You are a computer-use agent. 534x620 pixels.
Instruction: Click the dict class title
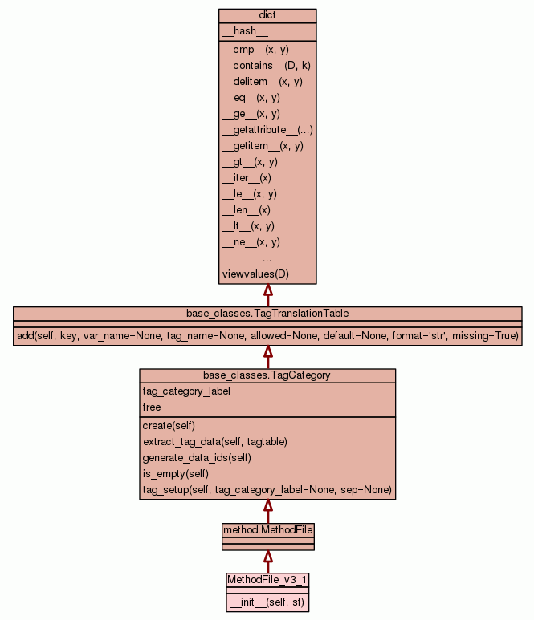267,15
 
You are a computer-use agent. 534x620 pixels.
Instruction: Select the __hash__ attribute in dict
239,31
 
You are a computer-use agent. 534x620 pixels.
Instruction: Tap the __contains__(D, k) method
266,66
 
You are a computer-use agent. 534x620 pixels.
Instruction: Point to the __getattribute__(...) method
267,130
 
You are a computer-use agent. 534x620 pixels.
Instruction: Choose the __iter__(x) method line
247,178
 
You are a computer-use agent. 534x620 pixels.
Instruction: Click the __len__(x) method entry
247,210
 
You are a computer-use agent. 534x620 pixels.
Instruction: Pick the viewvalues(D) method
255,274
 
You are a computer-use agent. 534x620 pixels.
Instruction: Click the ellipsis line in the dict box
267,258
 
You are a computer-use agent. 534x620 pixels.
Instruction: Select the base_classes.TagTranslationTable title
267,313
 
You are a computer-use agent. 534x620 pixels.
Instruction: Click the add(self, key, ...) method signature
267,335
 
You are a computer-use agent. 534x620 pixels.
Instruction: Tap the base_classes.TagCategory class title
267,375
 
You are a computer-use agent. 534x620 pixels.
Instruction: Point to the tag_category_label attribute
186,391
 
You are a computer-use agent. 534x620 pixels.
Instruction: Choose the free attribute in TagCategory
152,407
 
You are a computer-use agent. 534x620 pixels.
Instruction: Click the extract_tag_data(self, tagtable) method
215,442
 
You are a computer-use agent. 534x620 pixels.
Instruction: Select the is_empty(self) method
177,474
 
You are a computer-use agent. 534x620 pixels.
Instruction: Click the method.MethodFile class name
267,529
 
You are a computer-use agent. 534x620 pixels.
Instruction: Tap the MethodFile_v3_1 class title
267,579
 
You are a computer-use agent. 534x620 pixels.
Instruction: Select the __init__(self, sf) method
267,602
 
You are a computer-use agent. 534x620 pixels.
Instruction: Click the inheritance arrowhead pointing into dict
268,290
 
